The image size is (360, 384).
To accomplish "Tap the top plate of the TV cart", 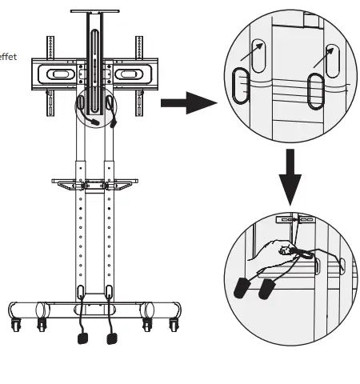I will pyautogui.click(x=95, y=14).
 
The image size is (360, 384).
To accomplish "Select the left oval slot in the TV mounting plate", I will pyautogui.click(x=61, y=74).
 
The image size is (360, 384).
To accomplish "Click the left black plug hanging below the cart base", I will pyautogui.click(x=82, y=338).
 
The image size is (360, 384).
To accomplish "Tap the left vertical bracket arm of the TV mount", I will pyautogui.click(x=50, y=64).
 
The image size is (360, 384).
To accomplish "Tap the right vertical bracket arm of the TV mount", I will pyautogui.click(x=139, y=64).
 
